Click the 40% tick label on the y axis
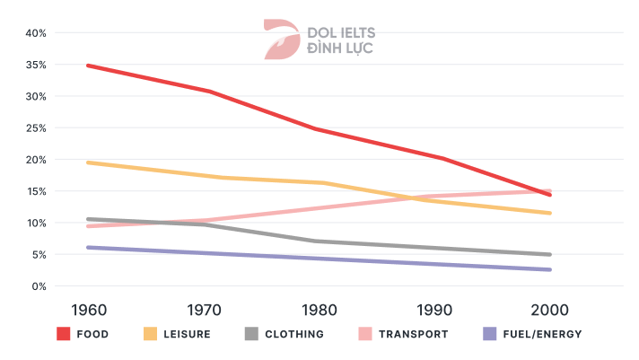pos(34,33)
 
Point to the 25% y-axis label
pos(34,128)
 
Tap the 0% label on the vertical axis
pos(37,286)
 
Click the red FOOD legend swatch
pos(64,334)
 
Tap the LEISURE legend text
pos(188,335)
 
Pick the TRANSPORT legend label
pos(414,335)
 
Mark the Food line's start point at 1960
pos(87,66)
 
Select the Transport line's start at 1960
pos(87,226)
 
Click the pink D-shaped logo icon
pos(279,39)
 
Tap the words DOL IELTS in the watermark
pos(341,32)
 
